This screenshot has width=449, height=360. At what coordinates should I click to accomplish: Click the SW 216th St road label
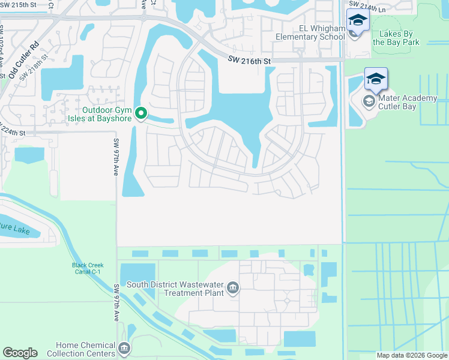click(250, 60)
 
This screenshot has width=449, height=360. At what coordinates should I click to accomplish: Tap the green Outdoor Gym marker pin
click(141, 113)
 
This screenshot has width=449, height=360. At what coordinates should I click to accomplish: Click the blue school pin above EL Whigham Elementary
click(358, 22)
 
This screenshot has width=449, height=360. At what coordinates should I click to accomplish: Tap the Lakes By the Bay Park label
click(396, 37)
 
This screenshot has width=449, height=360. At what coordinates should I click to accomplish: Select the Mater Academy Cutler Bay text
click(408, 103)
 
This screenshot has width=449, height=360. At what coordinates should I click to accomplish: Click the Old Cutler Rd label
click(24, 60)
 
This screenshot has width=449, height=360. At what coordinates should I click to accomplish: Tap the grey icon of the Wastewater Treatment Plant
click(233, 289)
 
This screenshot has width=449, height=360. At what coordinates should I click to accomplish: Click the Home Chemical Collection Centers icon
click(124, 348)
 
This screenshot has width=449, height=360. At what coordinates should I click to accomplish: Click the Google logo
click(20, 353)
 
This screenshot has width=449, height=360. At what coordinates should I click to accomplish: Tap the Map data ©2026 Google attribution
click(411, 355)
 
